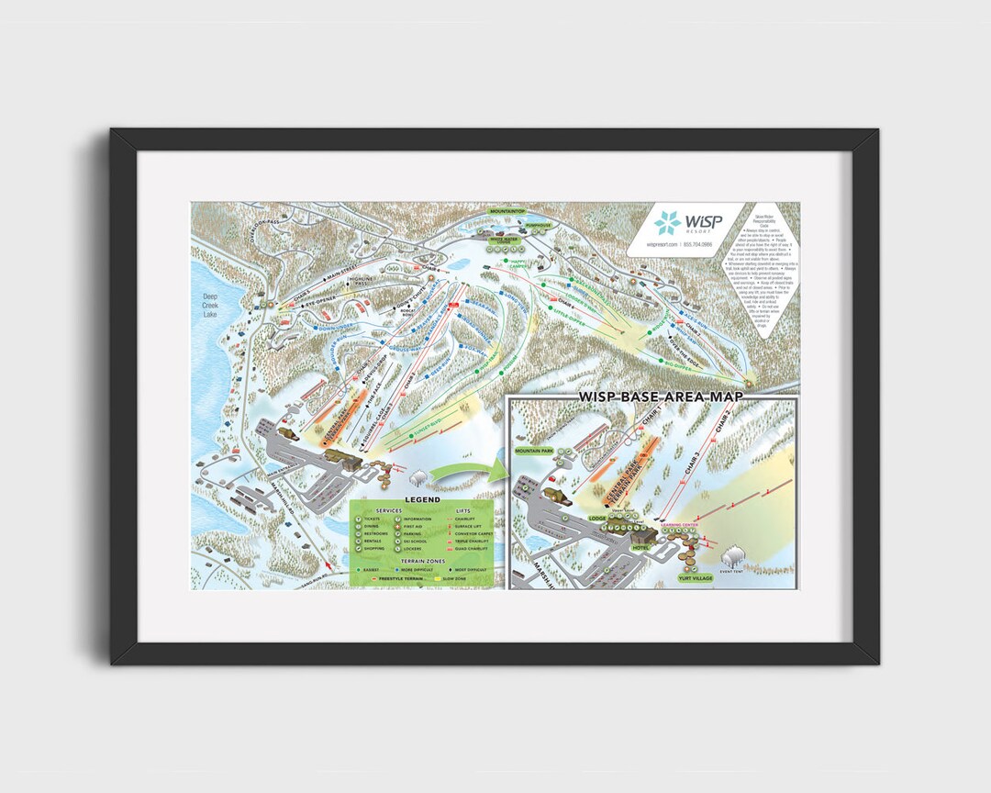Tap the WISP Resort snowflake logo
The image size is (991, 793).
(x=667, y=223)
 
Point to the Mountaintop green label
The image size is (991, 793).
(x=507, y=211)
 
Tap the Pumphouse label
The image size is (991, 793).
(x=538, y=224)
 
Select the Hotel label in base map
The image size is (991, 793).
(x=640, y=548)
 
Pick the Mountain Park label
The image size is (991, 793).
(x=534, y=452)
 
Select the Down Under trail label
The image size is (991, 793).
(x=328, y=326)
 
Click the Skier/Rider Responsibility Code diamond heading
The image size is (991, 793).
(x=764, y=221)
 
